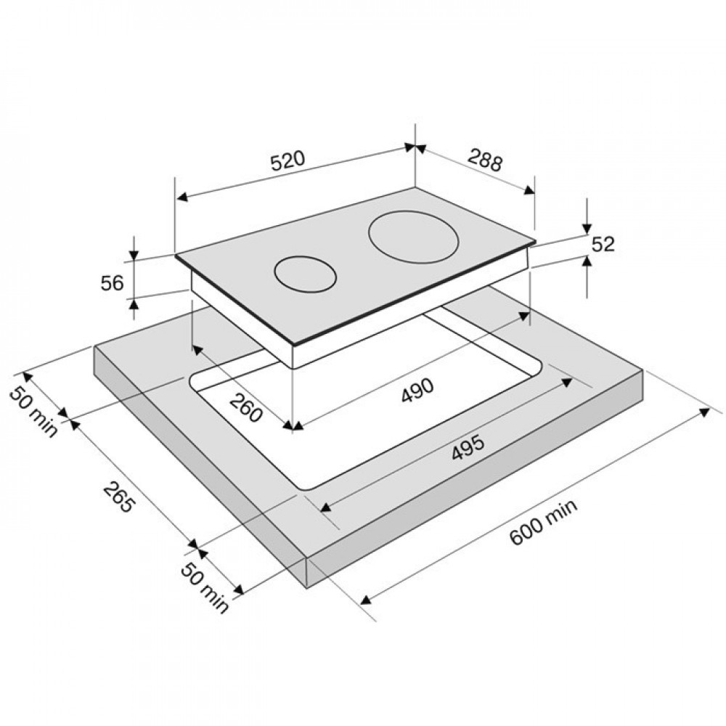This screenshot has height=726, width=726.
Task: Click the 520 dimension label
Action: point(288,160)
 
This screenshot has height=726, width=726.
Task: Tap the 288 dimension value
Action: point(485,160)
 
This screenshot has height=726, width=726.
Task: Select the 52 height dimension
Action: point(603,244)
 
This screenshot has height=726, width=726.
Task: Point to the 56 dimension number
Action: point(113,283)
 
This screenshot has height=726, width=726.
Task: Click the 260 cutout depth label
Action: point(246,407)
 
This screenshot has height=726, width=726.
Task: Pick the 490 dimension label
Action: point(417,391)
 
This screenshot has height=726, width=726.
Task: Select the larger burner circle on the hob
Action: point(414,237)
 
